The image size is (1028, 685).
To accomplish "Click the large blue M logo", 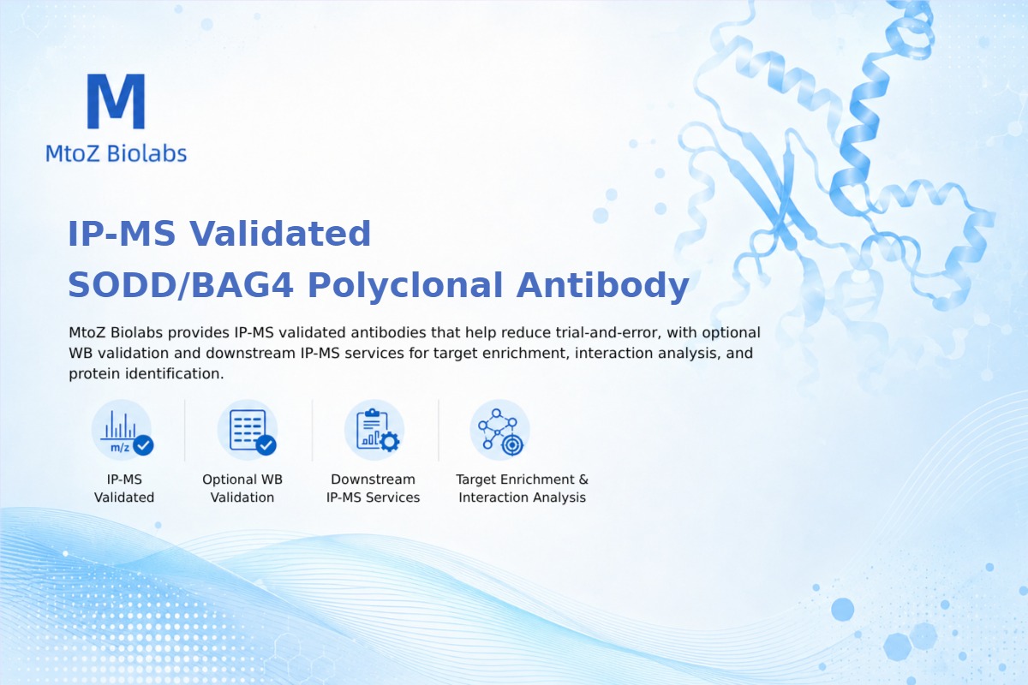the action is tap(117, 101).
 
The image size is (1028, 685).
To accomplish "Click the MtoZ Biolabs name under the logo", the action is tap(117, 153).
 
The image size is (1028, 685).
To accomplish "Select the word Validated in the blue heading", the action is tap(280, 234).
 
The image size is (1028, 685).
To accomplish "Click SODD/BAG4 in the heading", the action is tap(181, 285).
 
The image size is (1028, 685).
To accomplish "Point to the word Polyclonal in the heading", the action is tap(404, 286).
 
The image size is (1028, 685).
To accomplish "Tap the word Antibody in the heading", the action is tap(602, 286).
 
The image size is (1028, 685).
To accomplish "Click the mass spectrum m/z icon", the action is tap(122, 432).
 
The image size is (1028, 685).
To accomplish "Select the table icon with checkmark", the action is tap(248, 431).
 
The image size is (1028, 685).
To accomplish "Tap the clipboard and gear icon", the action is tap(374, 431).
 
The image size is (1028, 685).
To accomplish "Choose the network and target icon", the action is tap(499, 431).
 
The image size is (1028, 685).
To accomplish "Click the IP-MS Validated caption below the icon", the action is tap(124, 488).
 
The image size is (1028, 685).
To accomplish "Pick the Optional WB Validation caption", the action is tap(242, 488).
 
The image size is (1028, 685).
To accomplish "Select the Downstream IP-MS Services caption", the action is tap(374, 488).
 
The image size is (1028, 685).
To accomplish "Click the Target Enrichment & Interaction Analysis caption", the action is tap(523, 488).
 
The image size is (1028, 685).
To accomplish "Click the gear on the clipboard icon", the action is tap(390, 442).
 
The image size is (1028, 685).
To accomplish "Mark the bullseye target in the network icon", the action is tap(512, 445).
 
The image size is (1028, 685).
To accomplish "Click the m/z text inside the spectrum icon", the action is tap(120, 447).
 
